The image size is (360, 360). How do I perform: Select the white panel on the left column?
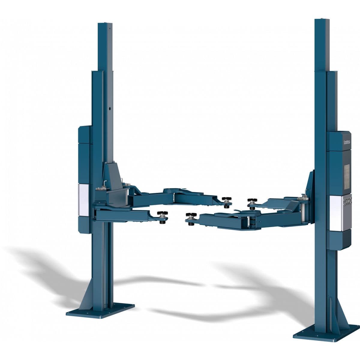click(84, 199)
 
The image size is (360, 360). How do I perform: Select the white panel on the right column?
click(336, 213)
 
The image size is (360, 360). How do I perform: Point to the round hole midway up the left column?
click(110, 108)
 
